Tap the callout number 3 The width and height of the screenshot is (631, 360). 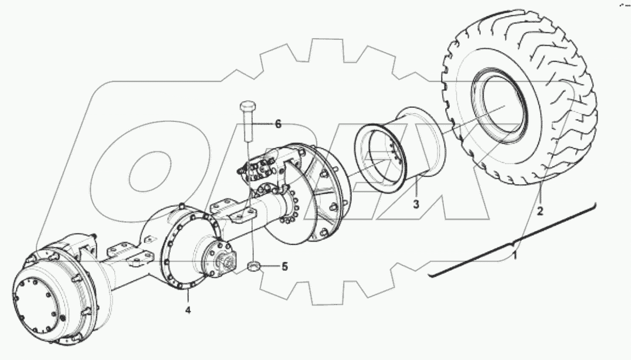point(416,204)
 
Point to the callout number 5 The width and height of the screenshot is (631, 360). point(284,267)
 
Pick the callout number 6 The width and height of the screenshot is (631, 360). point(278,124)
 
